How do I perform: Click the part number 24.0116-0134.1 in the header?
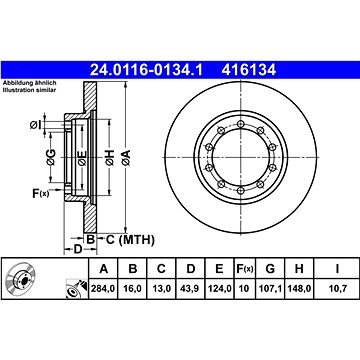pos(147,70)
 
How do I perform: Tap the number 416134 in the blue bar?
pos(249,70)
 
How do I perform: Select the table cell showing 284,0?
pos(103,289)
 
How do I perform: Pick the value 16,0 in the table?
pos(132,289)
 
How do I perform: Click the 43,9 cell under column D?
pos(190,289)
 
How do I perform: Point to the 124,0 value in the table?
pos(219,289)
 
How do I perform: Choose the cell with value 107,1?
pos(270,289)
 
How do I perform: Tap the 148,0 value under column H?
pos(299,289)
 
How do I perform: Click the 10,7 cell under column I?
pos(337,289)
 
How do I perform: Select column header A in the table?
pos(104,269)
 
